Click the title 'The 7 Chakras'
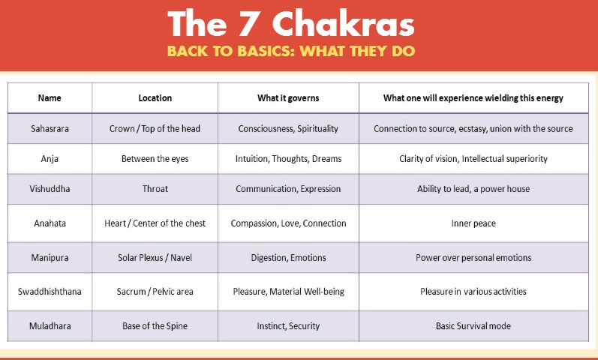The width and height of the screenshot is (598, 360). pyautogui.click(x=291, y=24)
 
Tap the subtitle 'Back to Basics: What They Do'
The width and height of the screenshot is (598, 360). pyautogui.click(x=291, y=51)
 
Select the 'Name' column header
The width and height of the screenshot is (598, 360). pyautogui.click(x=50, y=98)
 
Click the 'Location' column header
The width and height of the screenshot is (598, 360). pyautogui.click(x=155, y=98)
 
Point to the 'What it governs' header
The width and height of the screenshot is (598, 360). pyautogui.click(x=288, y=98)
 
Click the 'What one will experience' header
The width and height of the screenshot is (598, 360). pyautogui.click(x=473, y=98)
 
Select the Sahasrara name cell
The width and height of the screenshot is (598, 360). pyautogui.click(x=50, y=128)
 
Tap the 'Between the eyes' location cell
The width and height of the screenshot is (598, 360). pyautogui.click(x=155, y=159)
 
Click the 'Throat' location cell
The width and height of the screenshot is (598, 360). pyautogui.click(x=155, y=189)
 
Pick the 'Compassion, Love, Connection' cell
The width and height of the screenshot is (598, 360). pyautogui.click(x=288, y=223)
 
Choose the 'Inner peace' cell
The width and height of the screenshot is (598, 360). pyautogui.click(x=473, y=223)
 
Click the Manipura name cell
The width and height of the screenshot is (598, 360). pyautogui.click(x=50, y=257)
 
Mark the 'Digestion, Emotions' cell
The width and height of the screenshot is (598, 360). pyautogui.click(x=288, y=258)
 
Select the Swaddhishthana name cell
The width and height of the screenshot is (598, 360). pyautogui.click(x=50, y=292)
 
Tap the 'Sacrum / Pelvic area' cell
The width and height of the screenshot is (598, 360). pyautogui.click(x=155, y=292)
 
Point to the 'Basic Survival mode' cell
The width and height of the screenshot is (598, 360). pyautogui.click(x=473, y=326)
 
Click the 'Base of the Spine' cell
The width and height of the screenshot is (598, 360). pyautogui.click(x=155, y=326)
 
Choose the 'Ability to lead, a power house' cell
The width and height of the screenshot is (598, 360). pyautogui.click(x=473, y=189)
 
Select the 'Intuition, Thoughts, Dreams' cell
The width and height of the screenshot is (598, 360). pyautogui.click(x=288, y=159)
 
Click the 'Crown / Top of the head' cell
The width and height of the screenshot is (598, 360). pyautogui.click(x=155, y=128)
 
